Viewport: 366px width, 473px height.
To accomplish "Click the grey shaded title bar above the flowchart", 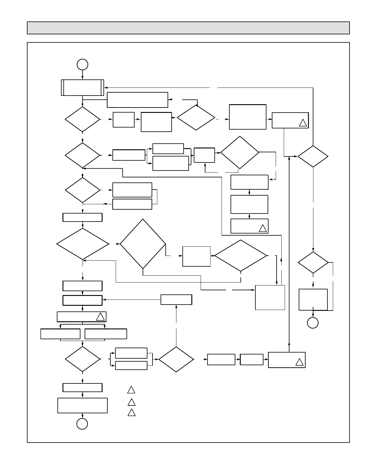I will point(188,28).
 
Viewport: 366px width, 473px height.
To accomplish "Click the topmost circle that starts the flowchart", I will point(83,64).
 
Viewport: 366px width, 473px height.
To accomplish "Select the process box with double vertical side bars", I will point(83,87).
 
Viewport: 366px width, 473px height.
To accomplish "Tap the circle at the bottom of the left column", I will point(82,424).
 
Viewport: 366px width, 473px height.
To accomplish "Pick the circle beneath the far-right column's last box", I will point(313,323).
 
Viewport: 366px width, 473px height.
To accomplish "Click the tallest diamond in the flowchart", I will point(143,244).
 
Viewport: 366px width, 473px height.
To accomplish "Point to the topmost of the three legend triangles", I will point(131,390).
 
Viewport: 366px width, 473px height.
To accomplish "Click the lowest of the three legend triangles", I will point(132,413).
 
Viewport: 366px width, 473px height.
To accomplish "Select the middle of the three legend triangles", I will point(132,403).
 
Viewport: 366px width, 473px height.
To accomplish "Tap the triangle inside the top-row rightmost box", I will point(303,123).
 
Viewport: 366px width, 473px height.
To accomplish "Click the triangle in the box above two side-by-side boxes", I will point(100,317).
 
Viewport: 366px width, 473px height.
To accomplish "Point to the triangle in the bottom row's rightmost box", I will point(299,362).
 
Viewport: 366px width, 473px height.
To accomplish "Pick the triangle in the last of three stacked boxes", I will point(263,228).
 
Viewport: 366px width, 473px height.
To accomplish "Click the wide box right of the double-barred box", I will point(137,100).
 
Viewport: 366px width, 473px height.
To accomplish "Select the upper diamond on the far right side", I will point(313,156).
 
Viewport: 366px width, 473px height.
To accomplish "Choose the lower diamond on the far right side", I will point(313,262).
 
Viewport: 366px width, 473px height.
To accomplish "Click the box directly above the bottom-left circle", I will point(83,405).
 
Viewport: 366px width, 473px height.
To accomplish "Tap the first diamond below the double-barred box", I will point(83,119).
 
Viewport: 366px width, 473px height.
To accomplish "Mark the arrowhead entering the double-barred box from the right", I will point(106,87).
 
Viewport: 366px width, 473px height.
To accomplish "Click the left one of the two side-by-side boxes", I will point(60,334).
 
